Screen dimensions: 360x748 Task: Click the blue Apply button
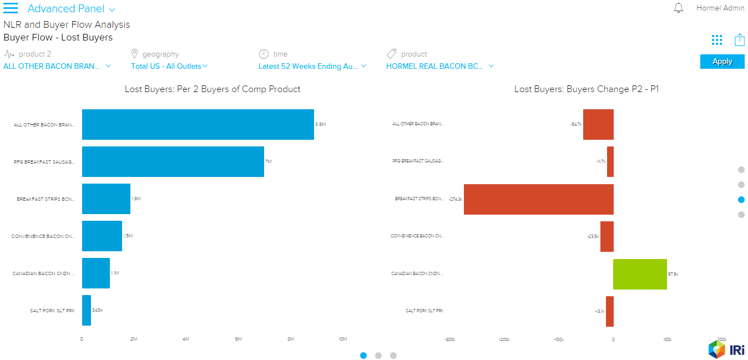(x=722, y=62)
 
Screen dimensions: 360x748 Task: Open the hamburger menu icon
(x=11, y=8)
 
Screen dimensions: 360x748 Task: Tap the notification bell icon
(x=678, y=8)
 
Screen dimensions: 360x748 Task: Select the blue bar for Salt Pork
(x=87, y=310)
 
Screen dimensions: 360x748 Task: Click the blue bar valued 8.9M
(x=198, y=124)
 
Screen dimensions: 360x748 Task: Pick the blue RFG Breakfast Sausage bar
(x=173, y=161)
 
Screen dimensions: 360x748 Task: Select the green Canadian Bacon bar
(x=640, y=273)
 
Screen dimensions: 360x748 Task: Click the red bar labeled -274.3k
(x=538, y=199)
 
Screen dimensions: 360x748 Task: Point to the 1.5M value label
(x=128, y=236)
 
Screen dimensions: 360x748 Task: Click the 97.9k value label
(x=673, y=273)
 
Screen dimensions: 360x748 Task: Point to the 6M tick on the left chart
(x=239, y=339)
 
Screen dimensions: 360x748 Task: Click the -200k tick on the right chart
(x=504, y=339)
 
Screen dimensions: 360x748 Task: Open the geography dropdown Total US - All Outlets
(x=169, y=66)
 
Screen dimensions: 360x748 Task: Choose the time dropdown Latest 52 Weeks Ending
(x=312, y=66)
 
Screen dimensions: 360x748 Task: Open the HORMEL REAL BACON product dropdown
(x=439, y=66)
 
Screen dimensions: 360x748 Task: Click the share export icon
(x=739, y=40)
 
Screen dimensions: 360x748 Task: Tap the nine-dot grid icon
(x=717, y=40)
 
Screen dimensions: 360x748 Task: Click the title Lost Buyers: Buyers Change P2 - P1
(x=586, y=89)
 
